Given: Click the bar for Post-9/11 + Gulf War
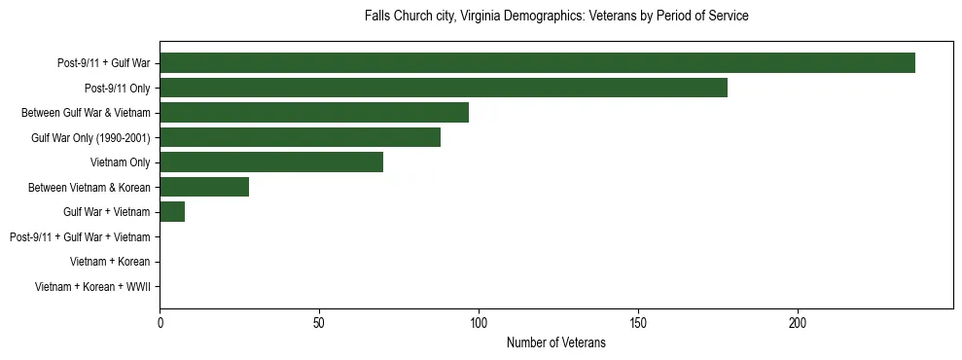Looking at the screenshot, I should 537,63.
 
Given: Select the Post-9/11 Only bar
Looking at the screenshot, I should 444,88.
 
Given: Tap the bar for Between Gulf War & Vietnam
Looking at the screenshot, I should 314,113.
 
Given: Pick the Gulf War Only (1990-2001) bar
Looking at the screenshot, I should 300,137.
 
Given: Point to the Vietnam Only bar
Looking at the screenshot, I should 271,162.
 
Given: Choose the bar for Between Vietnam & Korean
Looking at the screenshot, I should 204,187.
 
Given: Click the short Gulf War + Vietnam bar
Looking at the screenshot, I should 172,211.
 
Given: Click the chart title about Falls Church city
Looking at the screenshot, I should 556,17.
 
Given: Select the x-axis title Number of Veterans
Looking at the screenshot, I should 556,342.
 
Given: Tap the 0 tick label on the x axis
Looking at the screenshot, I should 160,323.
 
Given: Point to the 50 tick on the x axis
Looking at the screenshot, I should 319,323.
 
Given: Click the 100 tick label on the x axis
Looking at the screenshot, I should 479,323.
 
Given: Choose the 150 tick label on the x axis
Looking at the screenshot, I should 638,323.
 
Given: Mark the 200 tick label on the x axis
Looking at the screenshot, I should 798,323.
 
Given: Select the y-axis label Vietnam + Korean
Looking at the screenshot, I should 110,262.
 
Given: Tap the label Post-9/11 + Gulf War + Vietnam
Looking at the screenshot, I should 80,236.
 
